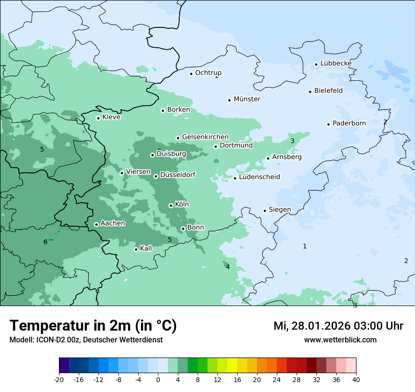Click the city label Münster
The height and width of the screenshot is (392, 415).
coord(247,99)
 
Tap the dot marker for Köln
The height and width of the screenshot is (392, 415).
coord(171,205)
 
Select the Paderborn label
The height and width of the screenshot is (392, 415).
coord(349,123)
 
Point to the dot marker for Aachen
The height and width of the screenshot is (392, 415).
coord(96,224)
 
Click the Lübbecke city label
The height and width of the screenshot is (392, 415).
coord(336,63)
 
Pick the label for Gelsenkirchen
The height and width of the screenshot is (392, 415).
coord(205,137)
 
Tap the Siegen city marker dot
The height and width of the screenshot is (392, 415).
coord(265,211)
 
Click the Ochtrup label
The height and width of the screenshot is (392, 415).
coord(208,73)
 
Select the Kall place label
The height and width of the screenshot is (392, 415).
coord(146,248)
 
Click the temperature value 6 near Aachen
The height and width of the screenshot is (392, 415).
coord(45,242)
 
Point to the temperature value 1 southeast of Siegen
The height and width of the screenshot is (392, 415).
coord(305,246)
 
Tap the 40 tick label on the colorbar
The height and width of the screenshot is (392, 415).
coord(356,379)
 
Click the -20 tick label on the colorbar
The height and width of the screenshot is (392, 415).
coord(59,379)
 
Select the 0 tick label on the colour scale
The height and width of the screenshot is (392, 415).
coord(158,379)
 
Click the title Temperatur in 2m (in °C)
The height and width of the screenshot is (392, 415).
coord(93,325)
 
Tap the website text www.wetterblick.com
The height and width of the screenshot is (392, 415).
coord(340,340)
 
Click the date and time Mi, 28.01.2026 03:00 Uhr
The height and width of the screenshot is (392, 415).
coord(338,326)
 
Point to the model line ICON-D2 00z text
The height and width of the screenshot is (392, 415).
coord(86,340)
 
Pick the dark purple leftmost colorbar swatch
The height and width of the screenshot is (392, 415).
coord(64,366)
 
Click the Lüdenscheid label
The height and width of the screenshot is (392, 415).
coord(259,177)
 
